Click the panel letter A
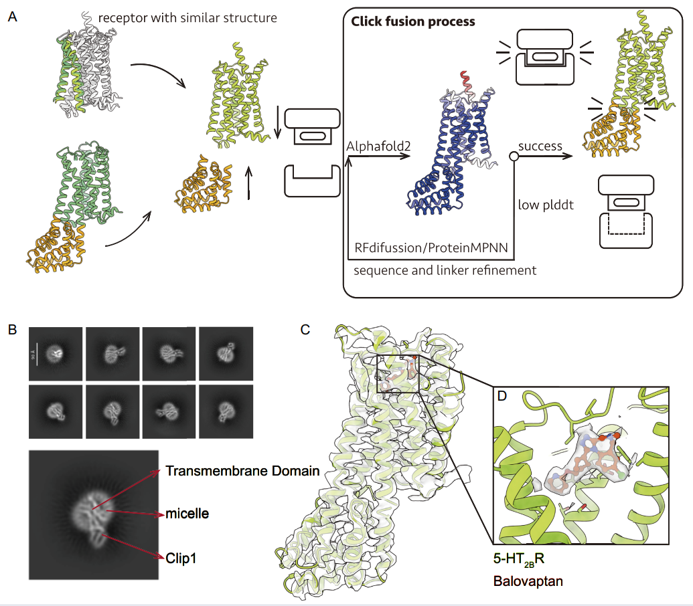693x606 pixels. point(12,17)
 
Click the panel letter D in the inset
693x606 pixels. point(502,395)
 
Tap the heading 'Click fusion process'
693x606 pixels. point(413,21)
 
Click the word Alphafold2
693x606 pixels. point(378,146)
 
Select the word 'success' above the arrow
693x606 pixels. point(540,146)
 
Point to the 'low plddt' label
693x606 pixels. point(546,205)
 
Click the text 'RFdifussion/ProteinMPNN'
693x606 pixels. point(431,247)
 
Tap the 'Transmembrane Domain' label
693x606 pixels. point(242,471)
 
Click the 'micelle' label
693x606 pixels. point(187,513)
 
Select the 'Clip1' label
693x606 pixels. point(181,559)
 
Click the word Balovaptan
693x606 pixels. point(528,581)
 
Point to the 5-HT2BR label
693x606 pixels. point(519,559)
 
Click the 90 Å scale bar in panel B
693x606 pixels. point(37,354)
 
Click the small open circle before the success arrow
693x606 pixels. point(514,157)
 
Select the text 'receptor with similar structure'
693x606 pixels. point(187,18)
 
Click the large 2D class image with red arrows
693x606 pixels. point(94,514)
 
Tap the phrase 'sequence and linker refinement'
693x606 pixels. point(445,270)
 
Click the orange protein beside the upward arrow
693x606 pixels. point(204,185)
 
